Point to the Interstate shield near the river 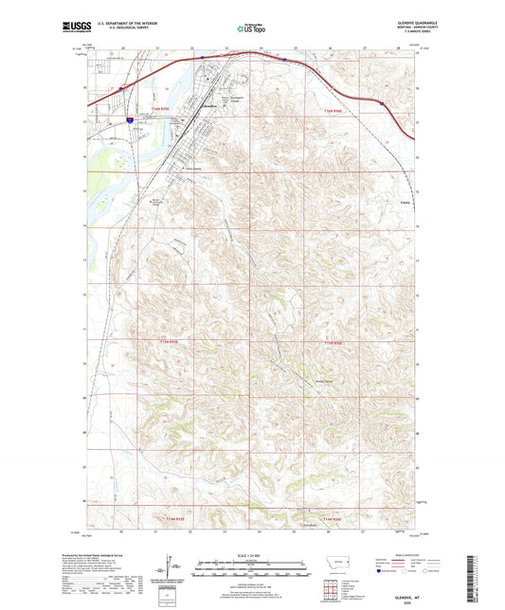click(x=128, y=120)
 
